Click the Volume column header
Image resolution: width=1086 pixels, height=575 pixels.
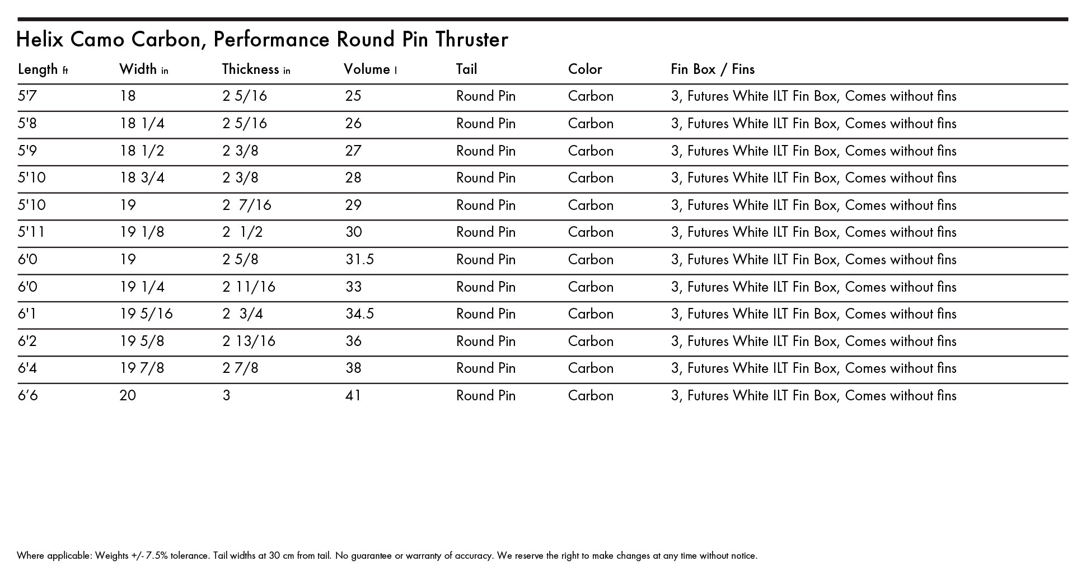[370, 69]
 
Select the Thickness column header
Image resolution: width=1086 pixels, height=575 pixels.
[256, 69]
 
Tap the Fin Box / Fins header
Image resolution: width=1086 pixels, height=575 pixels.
[713, 69]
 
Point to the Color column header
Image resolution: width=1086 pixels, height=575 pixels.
[585, 69]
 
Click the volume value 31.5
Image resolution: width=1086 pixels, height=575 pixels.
[359, 260]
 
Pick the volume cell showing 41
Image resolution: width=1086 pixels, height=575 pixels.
[353, 396]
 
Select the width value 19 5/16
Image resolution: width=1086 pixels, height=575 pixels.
[146, 314]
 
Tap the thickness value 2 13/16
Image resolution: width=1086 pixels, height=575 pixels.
[249, 342]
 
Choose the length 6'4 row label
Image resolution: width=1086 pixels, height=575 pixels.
[27, 368]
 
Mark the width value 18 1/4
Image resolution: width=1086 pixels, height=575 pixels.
[142, 124]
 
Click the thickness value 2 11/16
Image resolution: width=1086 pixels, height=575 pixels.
[249, 287]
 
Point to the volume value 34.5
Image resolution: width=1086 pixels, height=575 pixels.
[359, 314]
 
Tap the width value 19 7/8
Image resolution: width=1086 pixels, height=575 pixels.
[142, 368]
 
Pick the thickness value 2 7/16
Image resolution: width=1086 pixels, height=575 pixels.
[247, 205]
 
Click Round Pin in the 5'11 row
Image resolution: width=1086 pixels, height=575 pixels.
[485, 232]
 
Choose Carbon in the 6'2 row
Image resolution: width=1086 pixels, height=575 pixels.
[591, 342]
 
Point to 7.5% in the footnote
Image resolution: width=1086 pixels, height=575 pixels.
[156, 556]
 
